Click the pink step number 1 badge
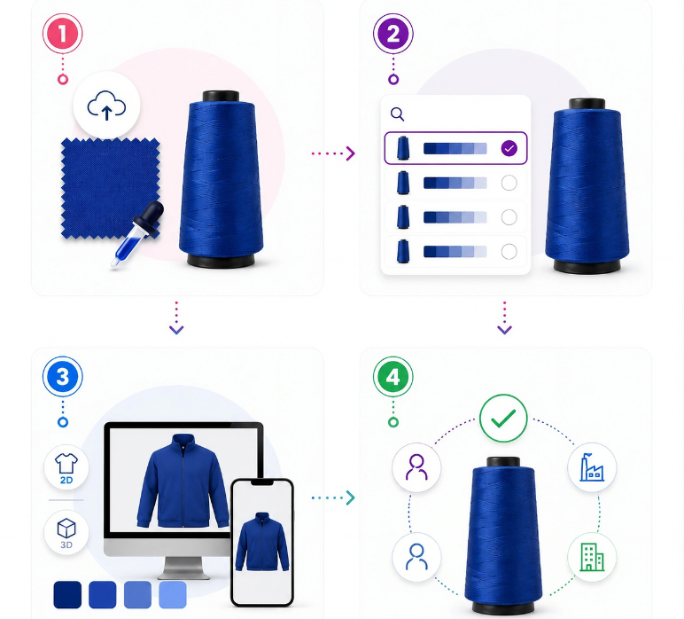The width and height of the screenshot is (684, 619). tap(62, 34)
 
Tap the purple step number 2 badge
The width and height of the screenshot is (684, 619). tap(393, 34)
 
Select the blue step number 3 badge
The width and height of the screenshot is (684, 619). tap(62, 376)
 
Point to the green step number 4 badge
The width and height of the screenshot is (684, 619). tap(393, 376)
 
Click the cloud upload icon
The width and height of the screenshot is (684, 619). tap(106, 106)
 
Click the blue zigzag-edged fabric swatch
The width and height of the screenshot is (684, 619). tap(111, 189)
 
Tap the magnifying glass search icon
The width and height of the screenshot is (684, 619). tap(397, 114)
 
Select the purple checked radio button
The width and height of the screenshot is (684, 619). tap(509, 148)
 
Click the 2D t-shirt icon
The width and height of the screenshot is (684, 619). tap(66, 467)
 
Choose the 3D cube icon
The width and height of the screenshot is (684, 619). tap(66, 532)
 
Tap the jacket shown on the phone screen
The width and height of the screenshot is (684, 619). tap(261, 542)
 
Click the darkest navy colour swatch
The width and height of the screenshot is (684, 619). tap(67, 594)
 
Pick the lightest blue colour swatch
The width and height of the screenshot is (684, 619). tap(173, 594)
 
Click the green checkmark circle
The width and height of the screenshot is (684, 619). tap(503, 419)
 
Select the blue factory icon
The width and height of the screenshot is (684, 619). tap(592, 467)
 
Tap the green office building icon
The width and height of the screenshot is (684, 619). tap(592, 557)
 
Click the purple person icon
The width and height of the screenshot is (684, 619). tap(416, 467)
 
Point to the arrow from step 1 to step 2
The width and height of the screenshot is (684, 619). tap(333, 153)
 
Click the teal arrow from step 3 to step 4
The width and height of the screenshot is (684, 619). tap(333, 498)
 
